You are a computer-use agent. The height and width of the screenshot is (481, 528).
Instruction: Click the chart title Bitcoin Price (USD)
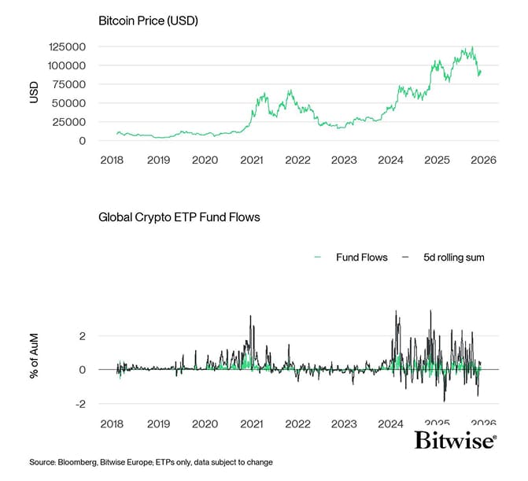click(147, 20)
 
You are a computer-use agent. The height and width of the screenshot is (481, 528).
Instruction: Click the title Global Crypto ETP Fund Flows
click(179, 217)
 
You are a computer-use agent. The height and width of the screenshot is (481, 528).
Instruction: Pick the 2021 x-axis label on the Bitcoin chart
click(251, 160)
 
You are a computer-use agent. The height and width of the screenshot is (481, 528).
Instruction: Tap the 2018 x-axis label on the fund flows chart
click(112, 424)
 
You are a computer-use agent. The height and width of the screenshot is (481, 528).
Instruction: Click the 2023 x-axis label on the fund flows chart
click(344, 424)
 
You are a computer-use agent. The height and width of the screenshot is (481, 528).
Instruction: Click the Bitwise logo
click(456, 440)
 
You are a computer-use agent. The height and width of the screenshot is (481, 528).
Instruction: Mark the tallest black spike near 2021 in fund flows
click(250, 316)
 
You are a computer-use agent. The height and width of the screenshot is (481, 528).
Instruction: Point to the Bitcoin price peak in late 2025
click(471, 48)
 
